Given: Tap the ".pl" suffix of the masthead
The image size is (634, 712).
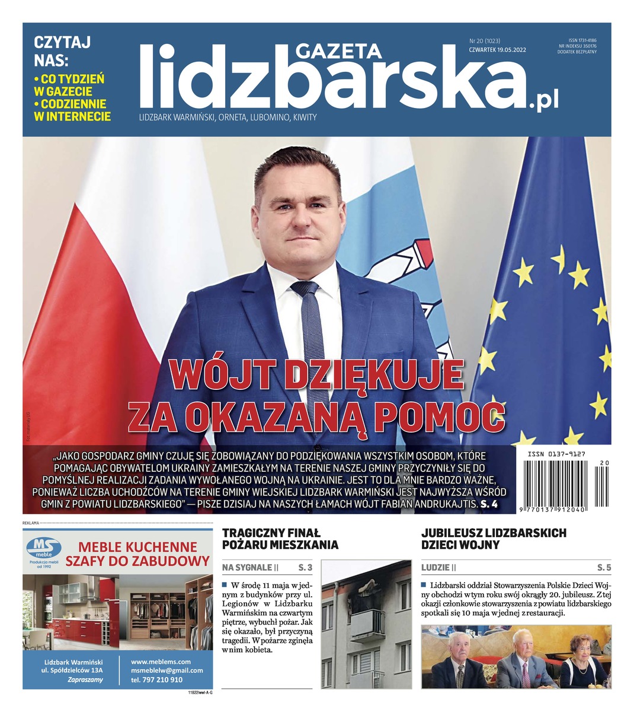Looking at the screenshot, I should [543, 101].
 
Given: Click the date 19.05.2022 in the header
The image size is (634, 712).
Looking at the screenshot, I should [511, 50].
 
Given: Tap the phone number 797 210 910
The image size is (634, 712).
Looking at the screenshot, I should [157, 680].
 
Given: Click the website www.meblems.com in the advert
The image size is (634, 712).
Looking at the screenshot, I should [161, 662].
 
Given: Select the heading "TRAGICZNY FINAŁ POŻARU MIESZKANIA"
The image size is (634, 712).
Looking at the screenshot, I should [280, 538].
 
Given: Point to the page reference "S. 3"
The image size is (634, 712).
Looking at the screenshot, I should [306, 568].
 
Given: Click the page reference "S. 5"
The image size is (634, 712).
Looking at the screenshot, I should [604, 568].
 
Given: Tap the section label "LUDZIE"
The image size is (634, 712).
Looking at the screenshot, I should [436, 568].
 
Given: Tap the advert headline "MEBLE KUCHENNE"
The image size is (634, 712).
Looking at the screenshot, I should [137, 546].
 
